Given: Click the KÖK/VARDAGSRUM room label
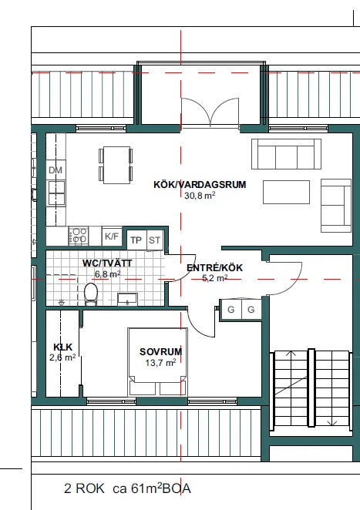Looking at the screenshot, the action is (x=200, y=185).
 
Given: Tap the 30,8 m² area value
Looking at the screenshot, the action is (x=200, y=196).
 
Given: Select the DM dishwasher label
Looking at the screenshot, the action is (x=56, y=170).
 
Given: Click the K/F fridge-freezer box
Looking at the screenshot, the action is (x=112, y=237).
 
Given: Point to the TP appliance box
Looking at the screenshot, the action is (x=136, y=240).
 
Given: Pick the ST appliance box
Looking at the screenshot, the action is (x=155, y=240).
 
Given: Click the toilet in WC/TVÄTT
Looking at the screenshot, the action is (x=91, y=294).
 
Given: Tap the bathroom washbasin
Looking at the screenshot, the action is (x=127, y=299).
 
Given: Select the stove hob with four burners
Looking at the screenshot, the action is (x=79, y=236).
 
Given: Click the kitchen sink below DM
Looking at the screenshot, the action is (x=56, y=193).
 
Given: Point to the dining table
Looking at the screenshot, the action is (x=116, y=165).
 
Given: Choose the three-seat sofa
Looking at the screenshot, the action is (x=286, y=154).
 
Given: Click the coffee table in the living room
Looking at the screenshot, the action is (x=286, y=193).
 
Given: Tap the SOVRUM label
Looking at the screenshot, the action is (x=161, y=351).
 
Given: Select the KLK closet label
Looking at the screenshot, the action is (x=62, y=347).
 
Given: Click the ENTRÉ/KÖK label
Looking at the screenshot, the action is (x=214, y=267).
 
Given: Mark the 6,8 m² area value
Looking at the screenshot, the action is (x=108, y=274).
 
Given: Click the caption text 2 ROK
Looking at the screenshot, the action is (x=84, y=488).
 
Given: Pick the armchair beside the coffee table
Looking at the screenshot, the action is (x=336, y=206).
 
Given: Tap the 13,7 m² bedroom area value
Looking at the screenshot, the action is (x=161, y=362).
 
